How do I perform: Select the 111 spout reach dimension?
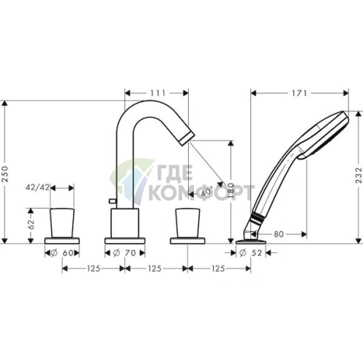[157, 93]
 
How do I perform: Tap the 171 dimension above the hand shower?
[298, 93]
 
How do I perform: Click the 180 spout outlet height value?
[231, 192]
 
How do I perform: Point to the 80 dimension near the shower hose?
[279, 235]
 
